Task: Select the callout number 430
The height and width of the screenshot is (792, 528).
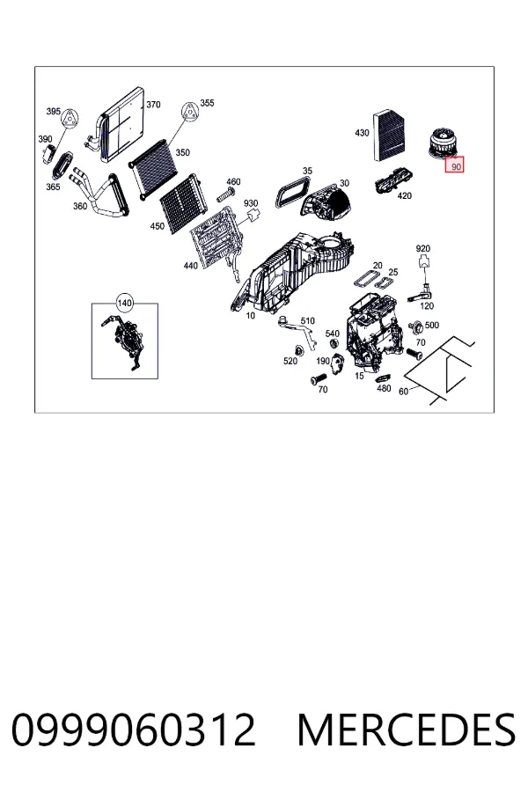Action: coord(362,133)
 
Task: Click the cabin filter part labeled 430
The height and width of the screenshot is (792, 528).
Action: coord(390,136)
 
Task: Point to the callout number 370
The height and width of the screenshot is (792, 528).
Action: coord(153,105)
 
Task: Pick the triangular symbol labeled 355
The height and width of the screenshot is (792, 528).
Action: coord(189,112)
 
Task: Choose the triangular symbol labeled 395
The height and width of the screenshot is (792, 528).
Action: coord(70,120)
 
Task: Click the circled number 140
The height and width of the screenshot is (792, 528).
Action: coord(124,303)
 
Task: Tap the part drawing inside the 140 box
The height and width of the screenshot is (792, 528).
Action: coord(123,341)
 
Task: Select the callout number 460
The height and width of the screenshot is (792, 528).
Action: coord(233,182)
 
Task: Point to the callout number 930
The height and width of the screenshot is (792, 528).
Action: coord(251,203)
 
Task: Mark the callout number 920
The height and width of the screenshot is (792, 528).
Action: coord(423,248)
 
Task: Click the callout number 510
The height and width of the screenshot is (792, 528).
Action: coord(307,320)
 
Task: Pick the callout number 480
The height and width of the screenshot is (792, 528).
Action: coord(384,388)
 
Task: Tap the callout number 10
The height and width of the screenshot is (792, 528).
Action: coord(251,316)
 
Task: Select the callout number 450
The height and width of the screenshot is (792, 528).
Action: coord(158,226)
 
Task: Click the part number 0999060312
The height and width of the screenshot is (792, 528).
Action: coord(134,730)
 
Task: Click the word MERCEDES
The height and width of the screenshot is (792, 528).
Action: coord(407,730)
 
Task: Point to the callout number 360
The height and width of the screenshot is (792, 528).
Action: coord(80,206)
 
